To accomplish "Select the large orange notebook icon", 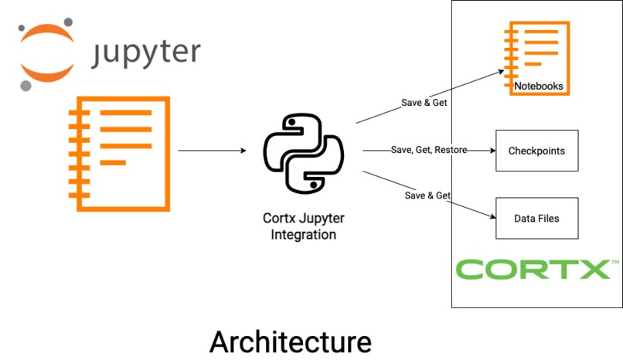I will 120,153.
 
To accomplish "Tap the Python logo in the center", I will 302,153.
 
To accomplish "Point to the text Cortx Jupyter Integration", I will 303,226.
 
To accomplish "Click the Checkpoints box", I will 536,151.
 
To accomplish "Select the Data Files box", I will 536,218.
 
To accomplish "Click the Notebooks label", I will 539,87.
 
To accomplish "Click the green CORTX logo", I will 533,270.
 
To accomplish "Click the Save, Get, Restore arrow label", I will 428,150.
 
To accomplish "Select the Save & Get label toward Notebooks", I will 424,102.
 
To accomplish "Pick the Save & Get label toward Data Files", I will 427,195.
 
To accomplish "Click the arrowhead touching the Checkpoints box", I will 490,151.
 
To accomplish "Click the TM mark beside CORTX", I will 615,263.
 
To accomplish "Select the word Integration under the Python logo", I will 303,234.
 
